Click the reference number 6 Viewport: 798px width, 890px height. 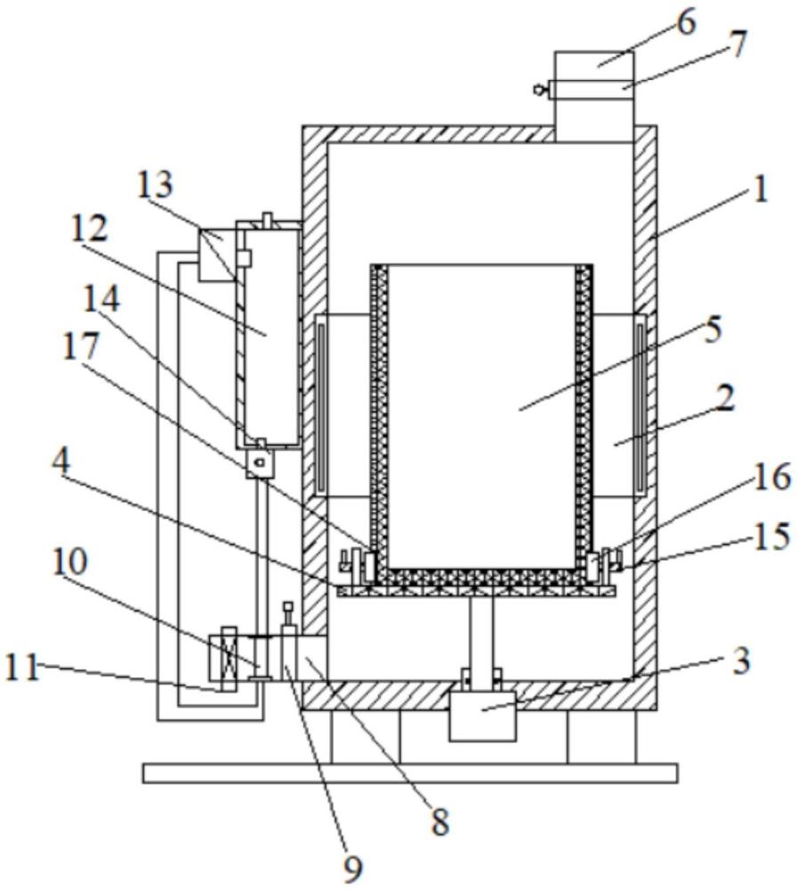[x=686, y=23]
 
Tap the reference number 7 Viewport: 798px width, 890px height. [x=738, y=44]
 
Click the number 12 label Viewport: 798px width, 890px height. [x=89, y=229]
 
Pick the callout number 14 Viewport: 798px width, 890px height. [x=101, y=298]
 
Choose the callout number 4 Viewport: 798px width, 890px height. [x=60, y=463]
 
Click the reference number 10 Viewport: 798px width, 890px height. [x=69, y=562]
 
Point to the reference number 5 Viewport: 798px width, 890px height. [x=712, y=328]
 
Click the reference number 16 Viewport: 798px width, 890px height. [x=772, y=476]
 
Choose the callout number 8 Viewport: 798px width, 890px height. [x=439, y=821]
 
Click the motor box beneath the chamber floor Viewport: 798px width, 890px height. [x=482, y=716]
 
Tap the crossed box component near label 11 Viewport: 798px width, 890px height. [x=228, y=659]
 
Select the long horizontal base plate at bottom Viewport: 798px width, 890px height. [x=410, y=773]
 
